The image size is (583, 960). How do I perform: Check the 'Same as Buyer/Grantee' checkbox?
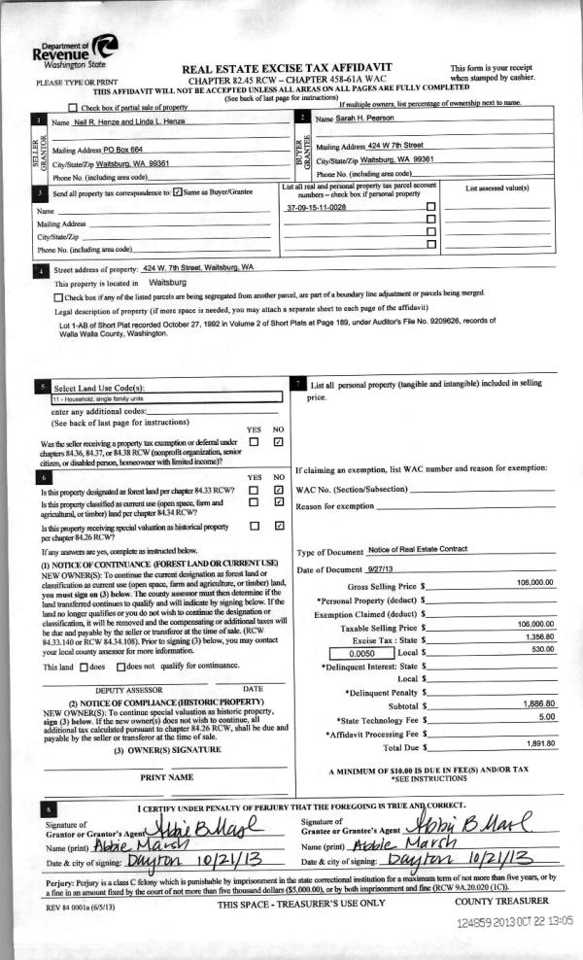pyautogui.click(x=177, y=192)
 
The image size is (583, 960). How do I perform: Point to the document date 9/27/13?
pyautogui.click(x=385, y=568)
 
